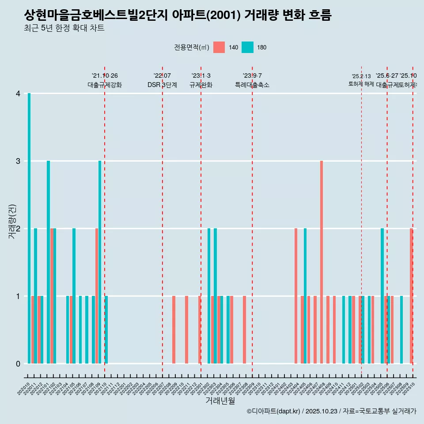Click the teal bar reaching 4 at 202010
[x=29, y=228]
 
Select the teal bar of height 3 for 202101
[x=49, y=262]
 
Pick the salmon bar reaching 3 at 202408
[x=322, y=262]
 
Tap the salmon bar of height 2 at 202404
[x=296, y=296]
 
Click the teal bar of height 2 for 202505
[x=382, y=296]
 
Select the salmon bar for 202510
[x=411, y=296]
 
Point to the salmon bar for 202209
[x=174, y=329]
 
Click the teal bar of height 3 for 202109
[x=100, y=262]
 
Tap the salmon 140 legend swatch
[x=219, y=47]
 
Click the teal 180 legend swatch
[x=247, y=47]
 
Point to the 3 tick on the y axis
[x=18, y=161]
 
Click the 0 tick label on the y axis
[x=18, y=363]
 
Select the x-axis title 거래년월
[x=220, y=401]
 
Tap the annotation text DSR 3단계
[x=162, y=85]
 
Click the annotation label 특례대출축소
[x=252, y=85]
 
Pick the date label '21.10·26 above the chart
[x=105, y=76]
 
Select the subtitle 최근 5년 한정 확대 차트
[x=64, y=28]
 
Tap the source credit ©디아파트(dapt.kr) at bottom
[x=273, y=411]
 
